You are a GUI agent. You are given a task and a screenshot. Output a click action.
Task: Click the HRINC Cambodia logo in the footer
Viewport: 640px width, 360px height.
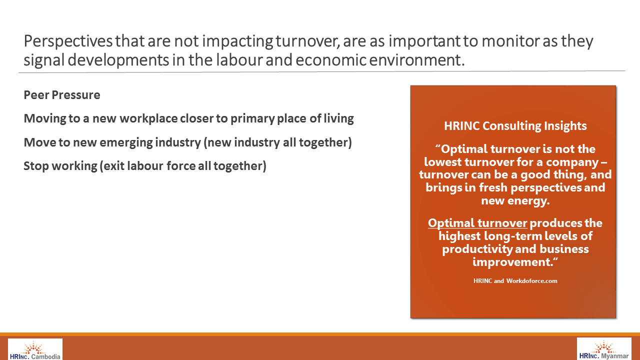pyautogui.click(x=35, y=349)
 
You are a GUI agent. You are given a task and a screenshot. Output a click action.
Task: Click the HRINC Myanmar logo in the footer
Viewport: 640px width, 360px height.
pyautogui.click(x=604, y=349)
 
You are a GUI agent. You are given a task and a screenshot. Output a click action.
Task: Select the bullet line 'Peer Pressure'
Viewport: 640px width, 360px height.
pyautogui.click(x=62, y=95)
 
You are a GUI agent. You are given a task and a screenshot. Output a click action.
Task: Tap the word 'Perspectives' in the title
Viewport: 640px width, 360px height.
pyautogui.click(x=68, y=41)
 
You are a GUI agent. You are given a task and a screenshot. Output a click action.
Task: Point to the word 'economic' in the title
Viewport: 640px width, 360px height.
pyautogui.click(x=331, y=60)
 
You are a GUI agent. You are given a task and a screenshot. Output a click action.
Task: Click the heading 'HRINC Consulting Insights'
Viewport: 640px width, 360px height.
pyautogui.click(x=515, y=126)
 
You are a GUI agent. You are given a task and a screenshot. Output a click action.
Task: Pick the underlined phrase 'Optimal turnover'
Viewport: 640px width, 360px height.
pyautogui.click(x=477, y=223)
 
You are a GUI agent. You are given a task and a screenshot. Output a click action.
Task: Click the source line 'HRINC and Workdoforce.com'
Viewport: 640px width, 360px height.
pyautogui.click(x=515, y=281)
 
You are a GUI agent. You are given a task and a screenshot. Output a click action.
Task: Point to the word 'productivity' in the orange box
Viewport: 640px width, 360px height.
pyautogui.click(x=477, y=249)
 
